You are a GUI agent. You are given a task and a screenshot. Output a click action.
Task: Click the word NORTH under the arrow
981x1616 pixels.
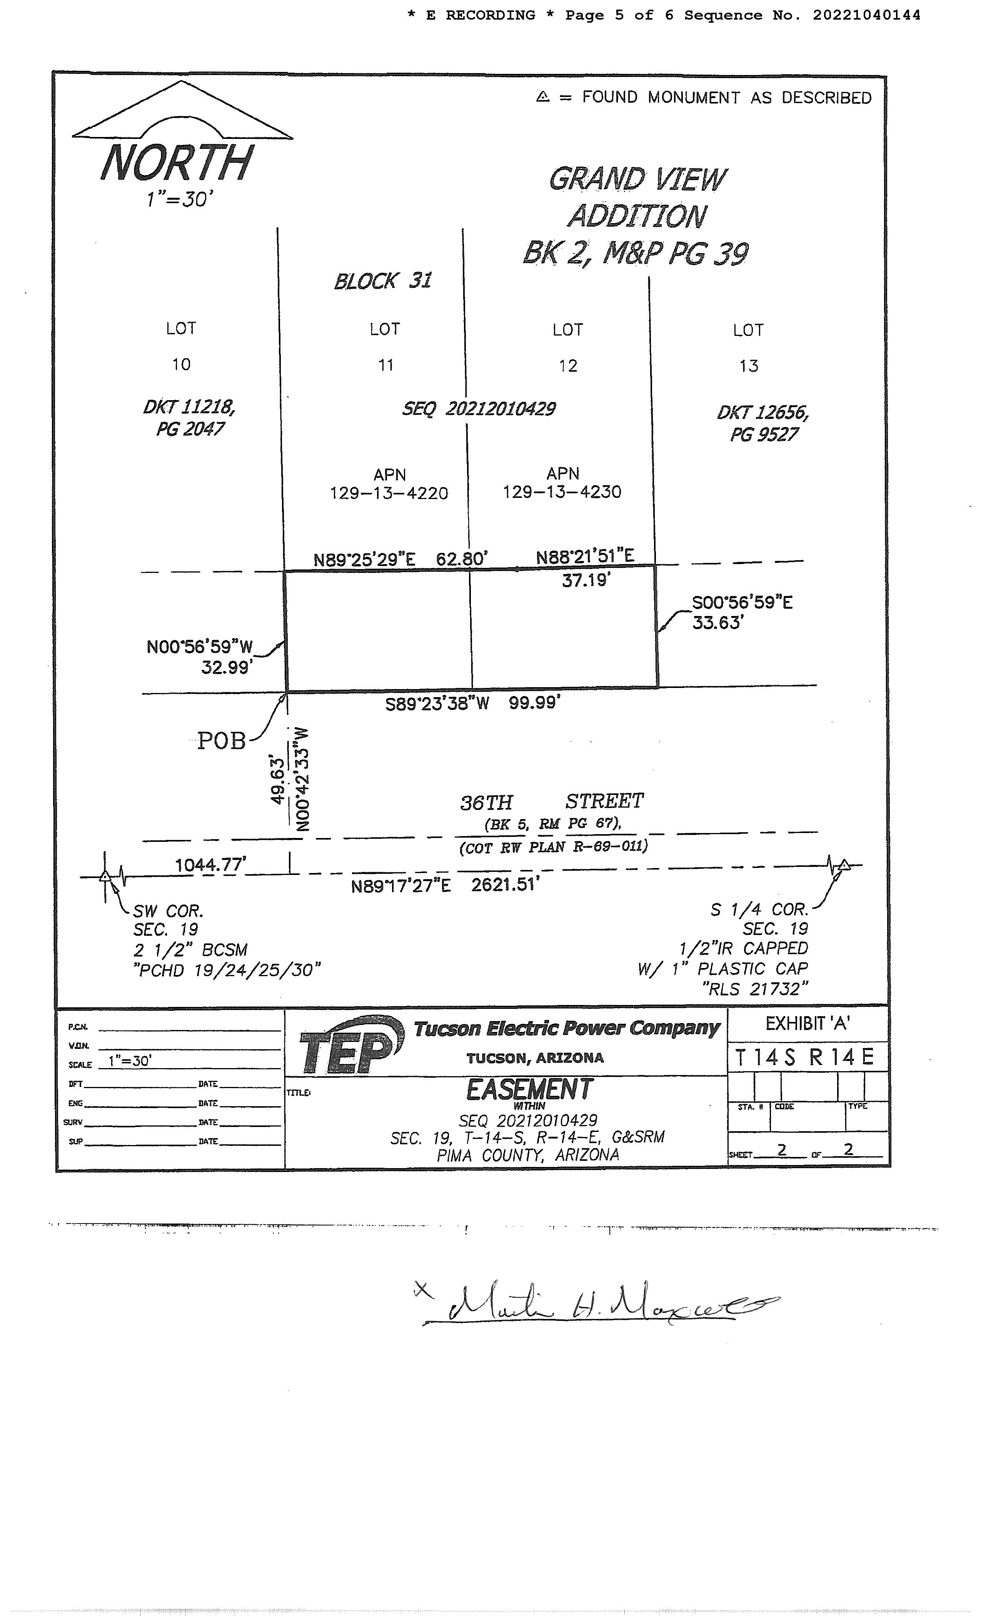click(x=176, y=163)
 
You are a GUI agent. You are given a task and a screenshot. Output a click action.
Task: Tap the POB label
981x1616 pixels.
click(x=222, y=741)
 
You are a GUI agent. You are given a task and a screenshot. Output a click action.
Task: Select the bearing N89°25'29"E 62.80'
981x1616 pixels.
click(x=400, y=559)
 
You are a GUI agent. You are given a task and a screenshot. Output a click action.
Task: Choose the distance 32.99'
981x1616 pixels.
click(x=227, y=668)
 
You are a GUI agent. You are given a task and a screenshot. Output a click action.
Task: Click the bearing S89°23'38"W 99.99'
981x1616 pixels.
click(x=472, y=704)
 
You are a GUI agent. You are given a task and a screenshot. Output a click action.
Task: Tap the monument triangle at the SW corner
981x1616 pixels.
click(x=105, y=876)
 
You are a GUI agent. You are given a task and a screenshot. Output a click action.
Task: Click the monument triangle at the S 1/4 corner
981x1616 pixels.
click(x=844, y=865)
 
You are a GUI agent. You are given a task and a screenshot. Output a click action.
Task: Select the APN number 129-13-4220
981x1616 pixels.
click(x=389, y=493)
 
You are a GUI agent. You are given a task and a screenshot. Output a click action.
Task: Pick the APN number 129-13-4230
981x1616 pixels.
click(x=562, y=492)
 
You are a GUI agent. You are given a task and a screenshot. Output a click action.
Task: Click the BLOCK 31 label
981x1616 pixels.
click(x=383, y=281)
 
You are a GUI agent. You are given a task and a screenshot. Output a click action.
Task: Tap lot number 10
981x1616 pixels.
click(x=181, y=365)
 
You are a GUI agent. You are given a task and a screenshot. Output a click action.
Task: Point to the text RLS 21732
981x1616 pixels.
click(x=754, y=988)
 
